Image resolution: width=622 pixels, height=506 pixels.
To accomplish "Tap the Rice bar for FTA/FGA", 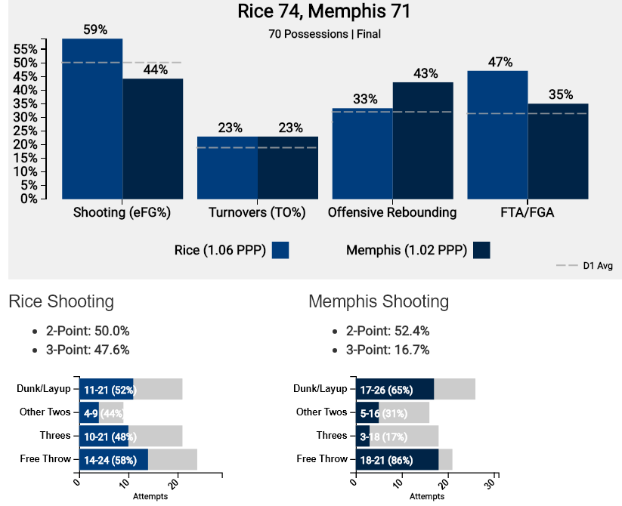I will click(x=497, y=135).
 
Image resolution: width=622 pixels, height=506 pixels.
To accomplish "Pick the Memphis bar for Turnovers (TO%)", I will click(x=288, y=168).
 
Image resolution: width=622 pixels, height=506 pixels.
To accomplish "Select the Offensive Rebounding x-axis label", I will click(x=392, y=213).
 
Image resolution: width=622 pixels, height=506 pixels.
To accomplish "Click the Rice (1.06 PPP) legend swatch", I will click(x=280, y=250).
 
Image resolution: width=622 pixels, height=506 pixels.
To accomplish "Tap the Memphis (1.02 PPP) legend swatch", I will click(x=481, y=250).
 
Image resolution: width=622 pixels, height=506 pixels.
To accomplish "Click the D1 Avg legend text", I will click(x=597, y=266).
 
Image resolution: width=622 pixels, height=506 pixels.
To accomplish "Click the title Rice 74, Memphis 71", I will click(x=323, y=12).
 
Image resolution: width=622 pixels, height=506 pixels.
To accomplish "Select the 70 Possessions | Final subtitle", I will click(x=324, y=34).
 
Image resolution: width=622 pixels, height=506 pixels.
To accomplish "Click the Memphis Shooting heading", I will click(x=379, y=302).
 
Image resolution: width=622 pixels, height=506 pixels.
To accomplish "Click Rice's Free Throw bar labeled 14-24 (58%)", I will click(x=113, y=459).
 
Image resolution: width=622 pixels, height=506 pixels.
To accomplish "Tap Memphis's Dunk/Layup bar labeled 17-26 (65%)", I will click(x=395, y=390).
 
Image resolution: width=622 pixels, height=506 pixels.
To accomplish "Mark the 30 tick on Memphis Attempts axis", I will click(x=495, y=481).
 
